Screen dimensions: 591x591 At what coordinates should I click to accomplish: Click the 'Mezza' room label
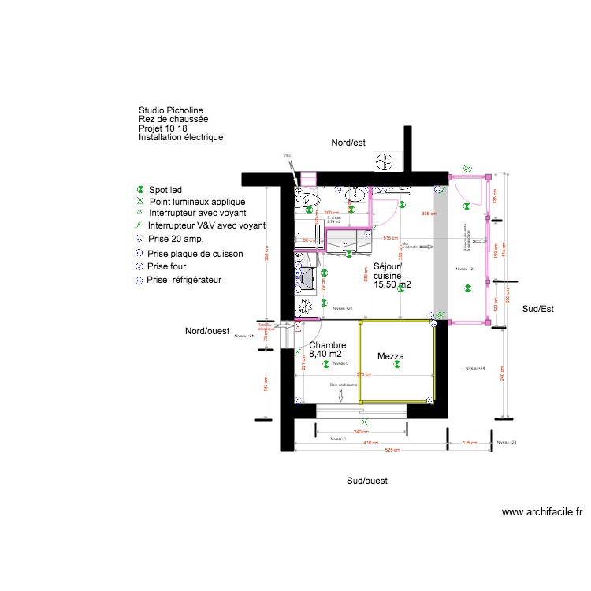click(x=390, y=357)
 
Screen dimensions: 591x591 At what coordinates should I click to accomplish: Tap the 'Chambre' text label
click(x=326, y=345)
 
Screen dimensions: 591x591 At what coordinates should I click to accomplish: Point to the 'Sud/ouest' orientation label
click(x=367, y=480)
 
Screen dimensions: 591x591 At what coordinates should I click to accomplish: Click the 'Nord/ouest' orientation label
click(x=208, y=331)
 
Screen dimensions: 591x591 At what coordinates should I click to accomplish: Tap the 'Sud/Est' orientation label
click(x=538, y=310)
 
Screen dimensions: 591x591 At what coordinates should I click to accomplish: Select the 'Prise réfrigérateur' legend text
click(x=185, y=280)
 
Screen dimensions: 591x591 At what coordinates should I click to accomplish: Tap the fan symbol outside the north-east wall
click(x=385, y=162)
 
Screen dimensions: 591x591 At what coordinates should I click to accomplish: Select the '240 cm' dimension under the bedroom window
click(x=362, y=433)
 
